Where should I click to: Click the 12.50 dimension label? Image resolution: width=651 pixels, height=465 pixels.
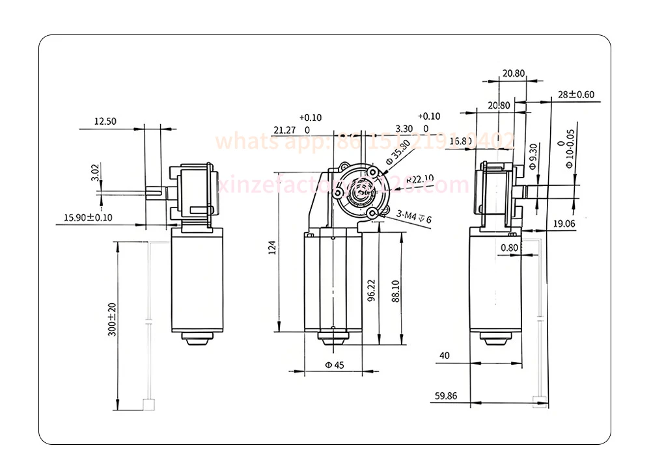click(x=105, y=121)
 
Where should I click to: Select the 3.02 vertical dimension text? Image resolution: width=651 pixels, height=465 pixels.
click(x=95, y=172)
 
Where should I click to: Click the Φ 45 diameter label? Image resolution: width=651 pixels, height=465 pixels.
click(x=334, y=365)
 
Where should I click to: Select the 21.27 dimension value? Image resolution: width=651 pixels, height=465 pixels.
click(x=284, y=130)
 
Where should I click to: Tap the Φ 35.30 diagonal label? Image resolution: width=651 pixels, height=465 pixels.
click(x=397, y=151)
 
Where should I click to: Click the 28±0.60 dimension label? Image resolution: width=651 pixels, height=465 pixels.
click(x=576, y=94)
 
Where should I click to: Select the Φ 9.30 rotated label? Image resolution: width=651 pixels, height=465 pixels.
click(x=533, y=157)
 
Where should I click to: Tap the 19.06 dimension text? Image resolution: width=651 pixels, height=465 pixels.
click(x=564, y=223)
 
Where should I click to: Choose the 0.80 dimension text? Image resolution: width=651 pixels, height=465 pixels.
click(x=510, y=247)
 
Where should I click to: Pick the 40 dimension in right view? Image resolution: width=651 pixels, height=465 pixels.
click(x=445, y=356)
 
